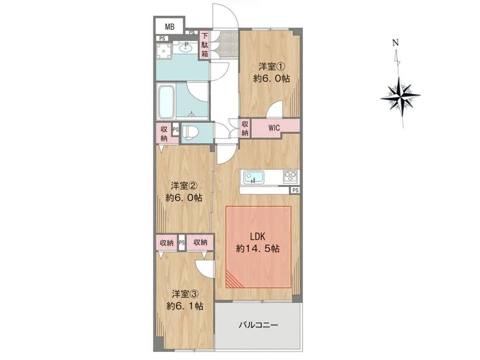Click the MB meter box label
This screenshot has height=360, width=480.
(169, 27)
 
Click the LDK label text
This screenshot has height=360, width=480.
(257, 237)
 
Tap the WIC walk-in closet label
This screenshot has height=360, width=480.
(274, 128)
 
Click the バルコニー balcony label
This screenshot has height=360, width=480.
(259, 325)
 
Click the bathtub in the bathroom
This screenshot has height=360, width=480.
(166, 101)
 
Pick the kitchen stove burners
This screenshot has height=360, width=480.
(290, 177)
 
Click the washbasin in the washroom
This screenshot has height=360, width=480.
(185, 48)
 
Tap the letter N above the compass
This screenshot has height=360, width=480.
(396, 43)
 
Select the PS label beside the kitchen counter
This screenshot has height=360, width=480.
(295, 191)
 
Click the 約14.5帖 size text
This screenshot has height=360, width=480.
(257, 249)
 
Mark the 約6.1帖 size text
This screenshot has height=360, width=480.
(185, 306)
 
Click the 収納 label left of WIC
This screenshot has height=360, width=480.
(245, 128)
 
